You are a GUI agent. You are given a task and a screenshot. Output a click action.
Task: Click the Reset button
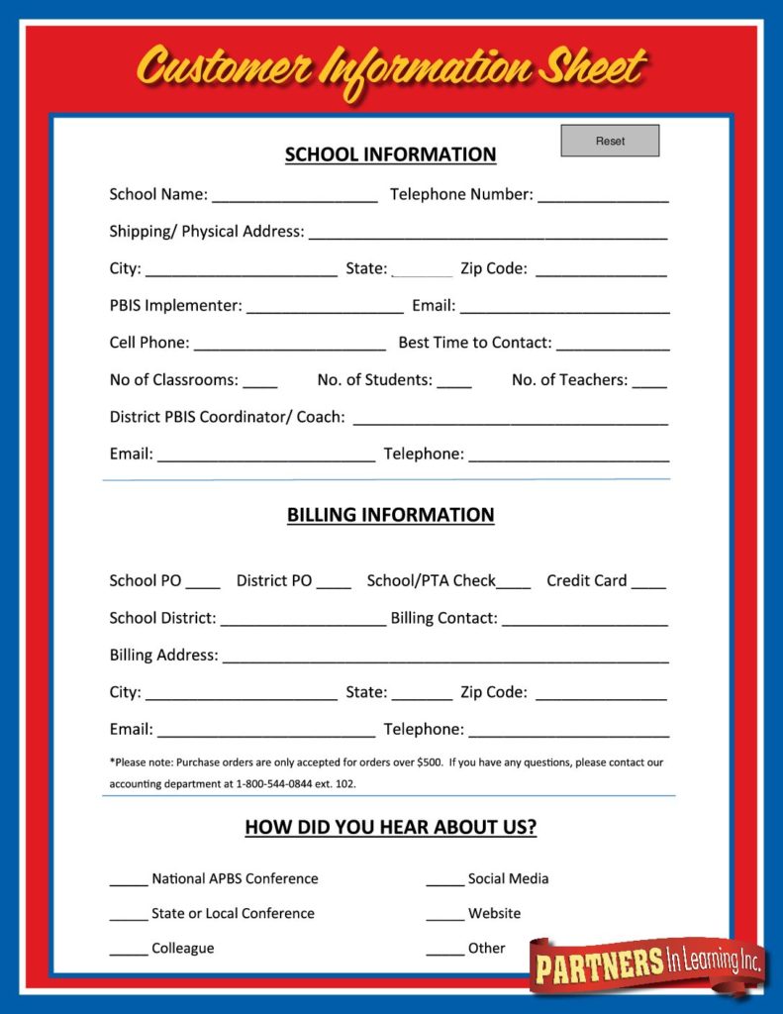[610, 141]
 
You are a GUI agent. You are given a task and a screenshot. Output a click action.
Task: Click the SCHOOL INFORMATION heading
[390, 154]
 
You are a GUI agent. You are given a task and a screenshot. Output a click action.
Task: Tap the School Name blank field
[294, 195]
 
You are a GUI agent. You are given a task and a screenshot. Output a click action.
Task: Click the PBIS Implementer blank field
[324, 306]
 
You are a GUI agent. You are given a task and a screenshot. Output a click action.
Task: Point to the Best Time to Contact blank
[613, 343]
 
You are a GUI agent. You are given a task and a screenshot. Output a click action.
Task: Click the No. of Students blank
[454, 380]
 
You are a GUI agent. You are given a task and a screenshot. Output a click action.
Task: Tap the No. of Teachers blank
[649, 380]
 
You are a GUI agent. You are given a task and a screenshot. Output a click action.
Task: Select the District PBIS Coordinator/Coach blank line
[510, 417]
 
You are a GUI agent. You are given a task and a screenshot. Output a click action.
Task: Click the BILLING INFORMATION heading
[390, 515]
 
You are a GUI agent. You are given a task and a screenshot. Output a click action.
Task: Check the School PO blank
[203, 581]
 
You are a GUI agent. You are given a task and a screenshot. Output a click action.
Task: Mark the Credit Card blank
[648, 581]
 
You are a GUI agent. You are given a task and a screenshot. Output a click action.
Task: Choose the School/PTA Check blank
[514, 581]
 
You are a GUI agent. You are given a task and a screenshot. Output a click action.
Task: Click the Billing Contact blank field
[584, 618]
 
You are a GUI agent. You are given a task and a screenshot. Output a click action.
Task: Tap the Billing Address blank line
[444, 656]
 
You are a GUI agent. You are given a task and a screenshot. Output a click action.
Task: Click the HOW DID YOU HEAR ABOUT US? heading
[390, 827]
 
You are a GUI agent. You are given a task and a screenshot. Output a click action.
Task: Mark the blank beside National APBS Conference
[129, 879]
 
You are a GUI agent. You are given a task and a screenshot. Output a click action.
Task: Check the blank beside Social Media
[445, 879]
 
